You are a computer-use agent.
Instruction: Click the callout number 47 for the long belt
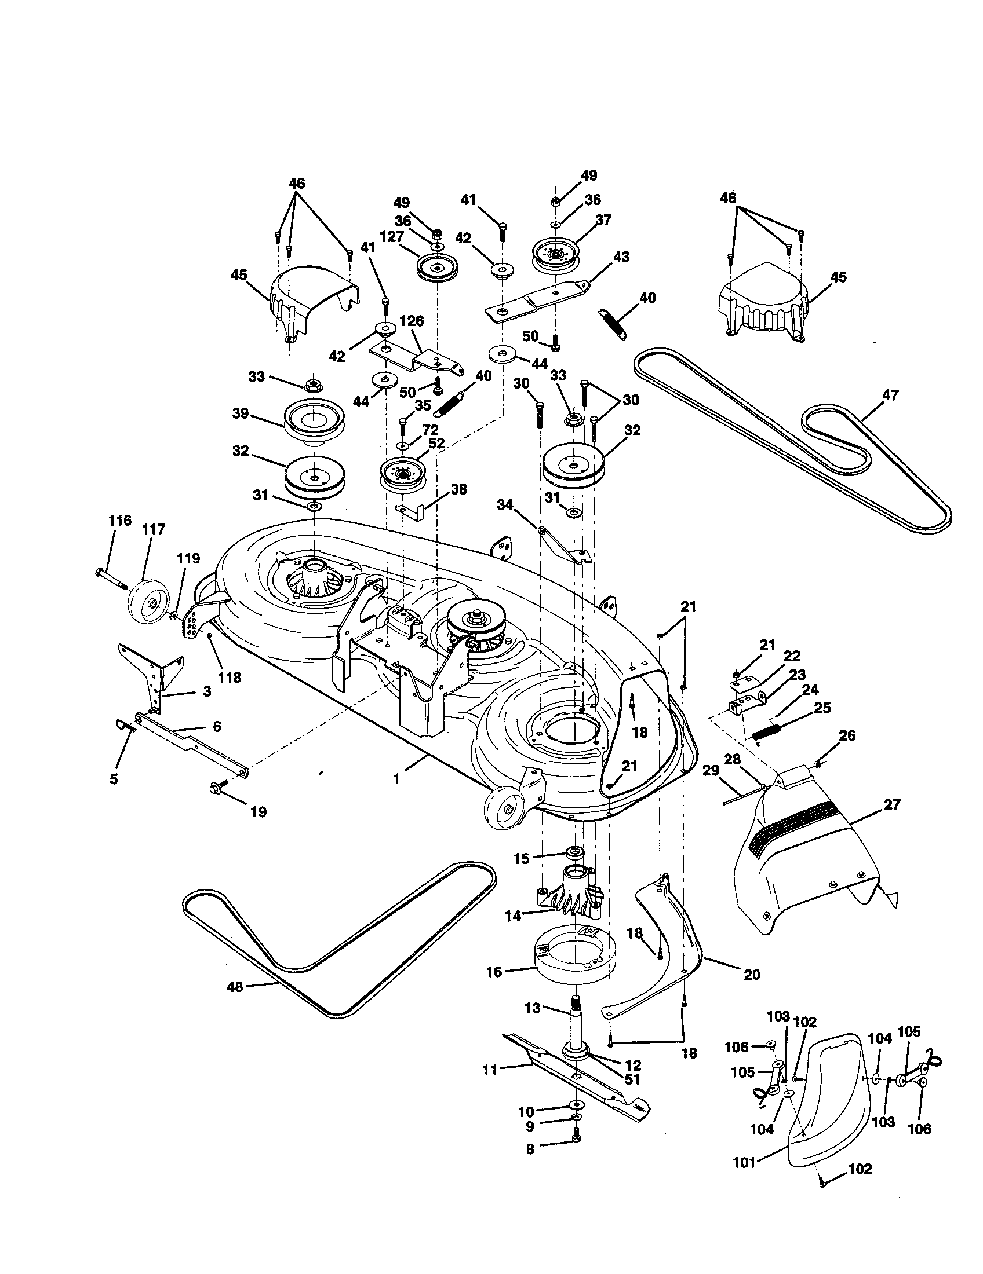point(890,395)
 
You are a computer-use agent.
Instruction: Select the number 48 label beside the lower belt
point(235,987)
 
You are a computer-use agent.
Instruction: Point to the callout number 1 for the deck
point(396,779)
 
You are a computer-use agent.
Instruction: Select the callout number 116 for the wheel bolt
point(119,521)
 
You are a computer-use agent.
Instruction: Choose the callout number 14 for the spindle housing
point(512,917)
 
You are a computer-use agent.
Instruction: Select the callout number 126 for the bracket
point(412,321)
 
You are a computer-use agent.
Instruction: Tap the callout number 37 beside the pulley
point(603,220)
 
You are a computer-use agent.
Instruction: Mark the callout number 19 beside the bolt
point(258,811)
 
